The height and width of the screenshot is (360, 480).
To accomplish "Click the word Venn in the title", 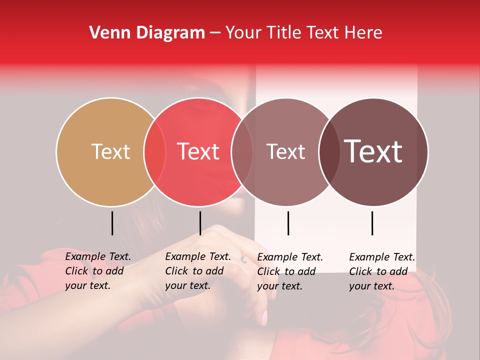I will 106,33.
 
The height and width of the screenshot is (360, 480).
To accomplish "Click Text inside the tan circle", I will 110,151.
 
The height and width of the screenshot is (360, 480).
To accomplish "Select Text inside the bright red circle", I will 198,151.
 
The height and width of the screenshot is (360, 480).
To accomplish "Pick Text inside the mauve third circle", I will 285,151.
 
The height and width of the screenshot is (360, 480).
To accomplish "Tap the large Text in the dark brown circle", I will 373,151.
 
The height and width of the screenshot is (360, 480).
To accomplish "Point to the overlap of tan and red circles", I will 154,152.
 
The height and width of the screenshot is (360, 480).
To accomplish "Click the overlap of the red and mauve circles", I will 242,152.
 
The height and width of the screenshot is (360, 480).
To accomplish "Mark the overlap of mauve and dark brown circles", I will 329,152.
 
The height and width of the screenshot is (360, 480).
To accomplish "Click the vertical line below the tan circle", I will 112,223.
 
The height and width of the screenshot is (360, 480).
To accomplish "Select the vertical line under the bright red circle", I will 200,223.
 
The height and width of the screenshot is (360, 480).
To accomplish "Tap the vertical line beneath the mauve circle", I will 288,223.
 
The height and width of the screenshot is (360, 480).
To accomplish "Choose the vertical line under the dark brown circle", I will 372,223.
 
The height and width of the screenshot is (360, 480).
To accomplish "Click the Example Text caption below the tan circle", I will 97,271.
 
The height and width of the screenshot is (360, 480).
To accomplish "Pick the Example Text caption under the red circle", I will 197,271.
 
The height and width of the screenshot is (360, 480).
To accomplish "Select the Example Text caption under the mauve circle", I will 289,271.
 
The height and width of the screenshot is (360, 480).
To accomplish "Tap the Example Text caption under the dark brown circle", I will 381,271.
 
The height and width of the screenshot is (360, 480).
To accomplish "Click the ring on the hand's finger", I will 243,259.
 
